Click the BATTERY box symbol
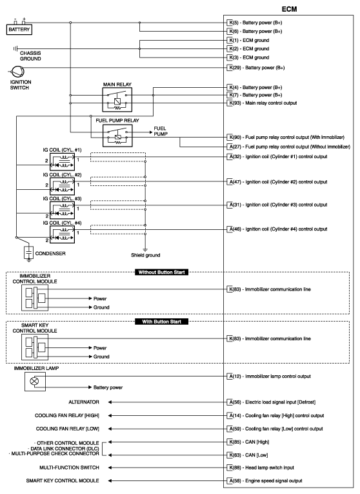pyautogui.click(x=19, y=29)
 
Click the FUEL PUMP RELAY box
pyautogui.click(x=117, y=134)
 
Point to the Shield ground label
pyautogui.click(x=145, y=254)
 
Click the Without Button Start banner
pyautogui.click(x=162, y=273)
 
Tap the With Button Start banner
pyautogui.click(x=162, y=321)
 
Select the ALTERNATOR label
pyautogui.click(x=85, y=402)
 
